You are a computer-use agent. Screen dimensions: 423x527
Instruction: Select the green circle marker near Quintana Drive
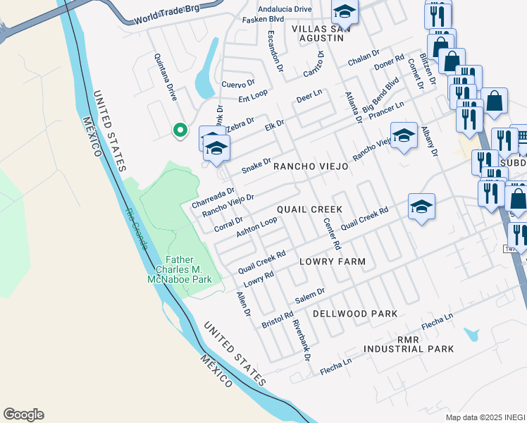click(x=180, y=130)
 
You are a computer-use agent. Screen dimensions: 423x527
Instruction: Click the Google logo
click(x=23, y=415)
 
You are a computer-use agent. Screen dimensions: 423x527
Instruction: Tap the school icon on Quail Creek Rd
click(x=421, y=207)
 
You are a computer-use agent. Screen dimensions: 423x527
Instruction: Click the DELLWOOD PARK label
click(x=355, y=313)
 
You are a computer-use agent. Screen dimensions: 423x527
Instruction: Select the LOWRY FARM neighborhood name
click(x=333, y=262)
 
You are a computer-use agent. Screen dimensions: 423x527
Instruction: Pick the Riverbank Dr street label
click(x=301, y=340)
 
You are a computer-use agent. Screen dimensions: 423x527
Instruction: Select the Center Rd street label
click(x=331, y=233)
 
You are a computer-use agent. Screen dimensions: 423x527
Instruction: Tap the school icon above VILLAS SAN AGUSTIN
click(x=345, y=12)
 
